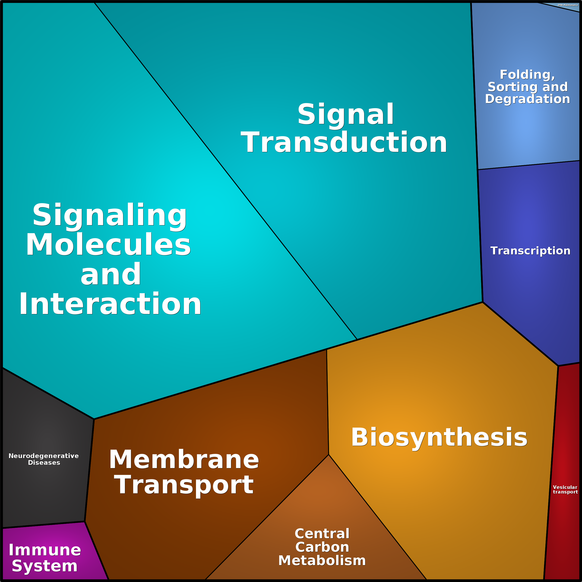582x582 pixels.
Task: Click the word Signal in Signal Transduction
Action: click(x=345, y=114)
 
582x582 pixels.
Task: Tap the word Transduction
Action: click(x=344, y=143)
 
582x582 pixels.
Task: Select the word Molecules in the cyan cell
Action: click(x=108, y=245)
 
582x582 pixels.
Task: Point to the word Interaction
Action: click(x=110, y=304)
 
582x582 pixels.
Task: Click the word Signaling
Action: click(x=110, y=215)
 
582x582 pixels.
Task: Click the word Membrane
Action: click(x=184, y=460)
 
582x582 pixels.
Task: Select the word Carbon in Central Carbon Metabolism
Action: click(x=322, y=547)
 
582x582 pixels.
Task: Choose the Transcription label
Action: click(x=530, y=251)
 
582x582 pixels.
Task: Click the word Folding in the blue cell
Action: click(x=527, y=74)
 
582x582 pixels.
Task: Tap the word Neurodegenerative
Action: click(x=44, y=456)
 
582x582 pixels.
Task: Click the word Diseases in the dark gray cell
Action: click(x=44, y=463)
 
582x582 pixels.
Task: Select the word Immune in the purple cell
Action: click(x=45, y=550)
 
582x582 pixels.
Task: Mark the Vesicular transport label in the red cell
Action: click(x=565, y=489)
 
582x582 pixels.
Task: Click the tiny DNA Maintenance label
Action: click(x=568, y=5)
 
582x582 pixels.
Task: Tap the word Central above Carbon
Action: click(x=322, y=534)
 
